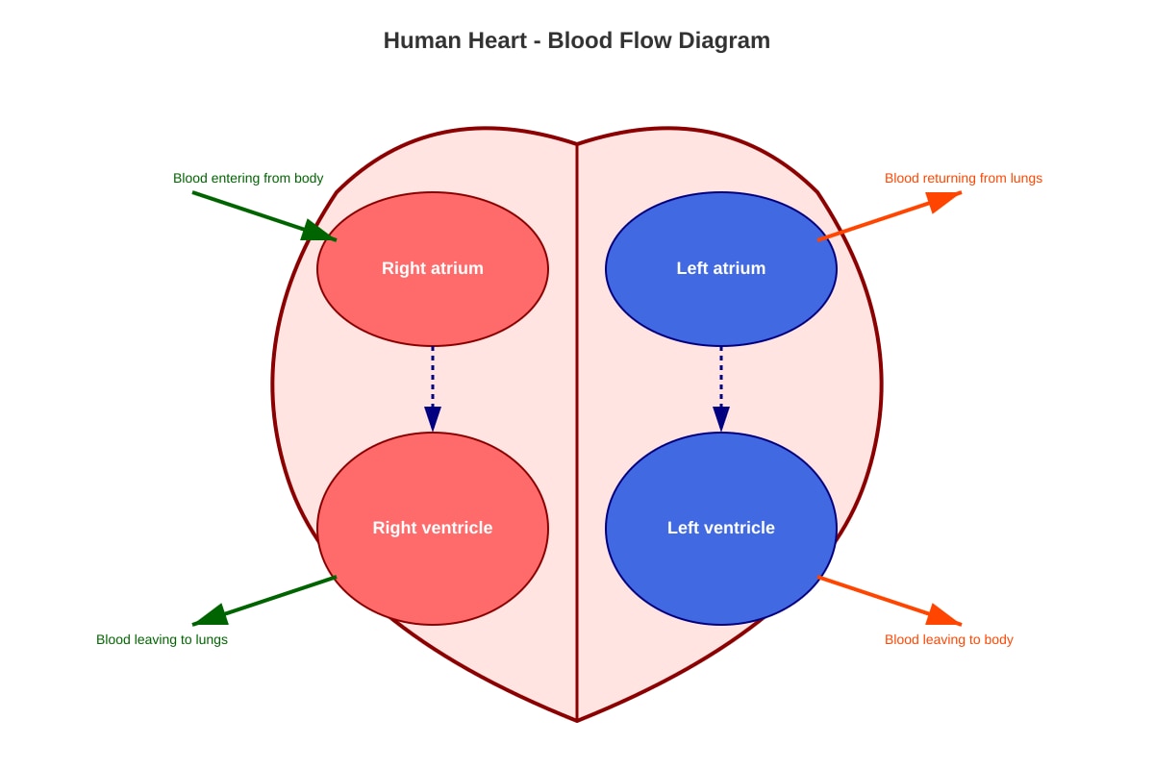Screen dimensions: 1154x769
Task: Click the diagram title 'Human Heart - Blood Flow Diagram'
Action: pos(576,40)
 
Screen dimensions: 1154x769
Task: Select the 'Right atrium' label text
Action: pos(432,268)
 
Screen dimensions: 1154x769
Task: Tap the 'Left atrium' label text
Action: pos(720,268)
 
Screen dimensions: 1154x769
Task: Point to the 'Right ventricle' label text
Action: pos(432,528)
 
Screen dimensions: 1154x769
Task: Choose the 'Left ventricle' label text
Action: pos(720,528)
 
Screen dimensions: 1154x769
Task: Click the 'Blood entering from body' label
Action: pos(248,178)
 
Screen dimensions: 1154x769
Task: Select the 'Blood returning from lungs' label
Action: pos(964,178)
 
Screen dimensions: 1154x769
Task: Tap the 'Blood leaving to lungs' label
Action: pos(162,640)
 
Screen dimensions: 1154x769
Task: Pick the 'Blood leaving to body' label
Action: pos(949,640)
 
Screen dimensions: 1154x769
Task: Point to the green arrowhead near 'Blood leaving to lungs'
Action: pos(212,615)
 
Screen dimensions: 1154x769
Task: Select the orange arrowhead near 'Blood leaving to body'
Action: pos(943,616)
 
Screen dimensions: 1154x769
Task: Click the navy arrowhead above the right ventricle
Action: pos(433,418)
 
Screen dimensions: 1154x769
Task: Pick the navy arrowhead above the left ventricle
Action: pos(721,418)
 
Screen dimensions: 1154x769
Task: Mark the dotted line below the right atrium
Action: pos(433,377)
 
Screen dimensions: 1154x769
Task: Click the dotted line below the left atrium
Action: pos(721,377)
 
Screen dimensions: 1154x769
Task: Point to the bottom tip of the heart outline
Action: pos(577,721)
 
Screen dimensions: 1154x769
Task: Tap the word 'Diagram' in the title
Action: pos(724,40)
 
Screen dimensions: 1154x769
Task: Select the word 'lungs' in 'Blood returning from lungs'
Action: pos(1026,179)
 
